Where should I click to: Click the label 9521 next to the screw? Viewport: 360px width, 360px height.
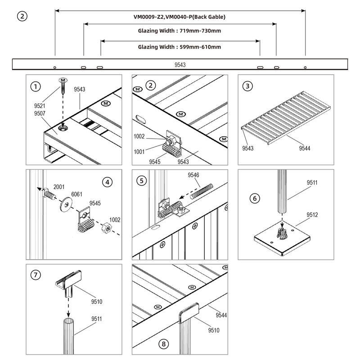[40, 106]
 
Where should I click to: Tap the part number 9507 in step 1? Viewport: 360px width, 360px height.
[40, 114]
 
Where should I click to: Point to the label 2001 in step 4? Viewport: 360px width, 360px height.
[59, 186]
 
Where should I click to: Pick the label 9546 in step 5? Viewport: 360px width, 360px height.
[193, 174]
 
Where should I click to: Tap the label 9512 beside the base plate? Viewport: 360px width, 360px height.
[312, 215]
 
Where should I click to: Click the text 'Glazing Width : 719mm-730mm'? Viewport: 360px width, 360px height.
[179, 31]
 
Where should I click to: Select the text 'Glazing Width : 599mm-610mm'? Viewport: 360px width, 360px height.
[179, 47]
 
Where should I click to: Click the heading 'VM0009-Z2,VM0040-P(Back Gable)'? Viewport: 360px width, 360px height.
[179, 17]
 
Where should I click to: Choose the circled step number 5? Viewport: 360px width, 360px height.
[142, 180]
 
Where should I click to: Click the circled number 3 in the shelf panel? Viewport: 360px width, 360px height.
[247, 86]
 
